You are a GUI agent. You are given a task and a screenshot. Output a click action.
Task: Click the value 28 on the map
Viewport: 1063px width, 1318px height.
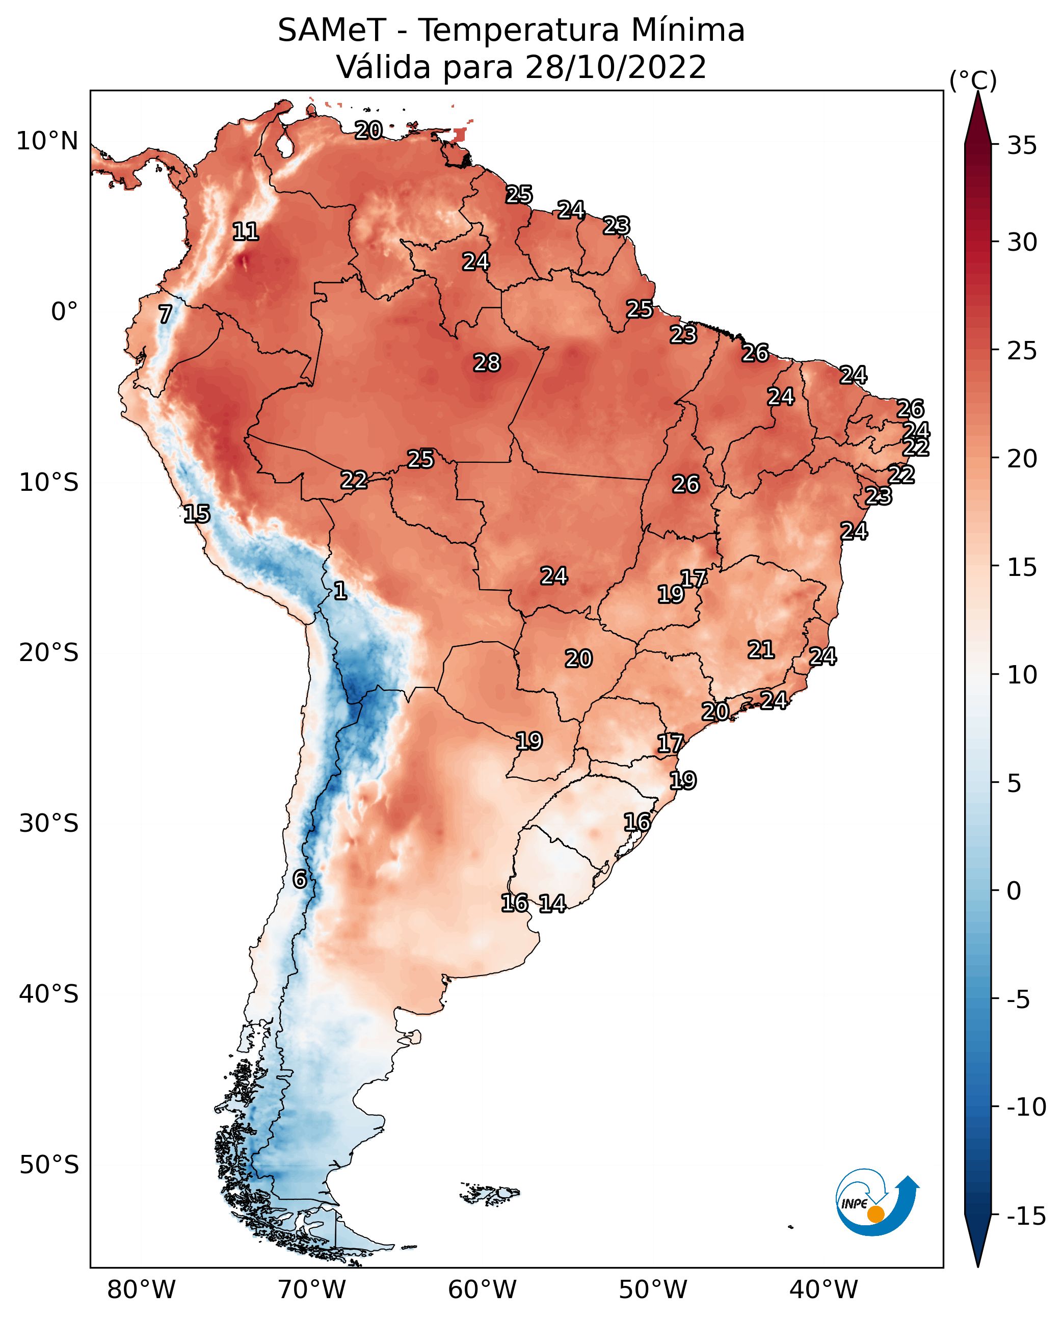tap(487, 363)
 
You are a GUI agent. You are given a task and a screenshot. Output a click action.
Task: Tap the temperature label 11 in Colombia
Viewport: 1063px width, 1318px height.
tap(246, 231)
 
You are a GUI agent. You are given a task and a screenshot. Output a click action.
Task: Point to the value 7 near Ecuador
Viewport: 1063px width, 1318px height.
tap(165, 314)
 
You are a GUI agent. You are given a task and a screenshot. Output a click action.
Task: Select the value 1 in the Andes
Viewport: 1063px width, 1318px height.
tap(340, 591)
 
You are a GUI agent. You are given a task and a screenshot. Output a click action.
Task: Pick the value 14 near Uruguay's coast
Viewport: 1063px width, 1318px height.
tap(552, 904)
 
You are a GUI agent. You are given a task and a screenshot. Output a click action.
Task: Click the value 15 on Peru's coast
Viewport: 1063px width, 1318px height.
tap(197, 514)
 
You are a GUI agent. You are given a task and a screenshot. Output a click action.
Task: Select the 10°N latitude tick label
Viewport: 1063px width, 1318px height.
tap(47, 142)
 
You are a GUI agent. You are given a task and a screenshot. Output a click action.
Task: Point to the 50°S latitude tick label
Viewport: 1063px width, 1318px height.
tap(49, 1165)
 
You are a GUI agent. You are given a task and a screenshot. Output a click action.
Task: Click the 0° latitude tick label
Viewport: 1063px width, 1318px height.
tap(64, 312)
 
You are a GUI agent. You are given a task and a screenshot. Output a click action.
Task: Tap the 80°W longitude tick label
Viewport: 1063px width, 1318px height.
tap(142, 1290)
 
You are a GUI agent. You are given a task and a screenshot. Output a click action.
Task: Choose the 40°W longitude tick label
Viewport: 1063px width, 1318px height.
tap(823, 1290)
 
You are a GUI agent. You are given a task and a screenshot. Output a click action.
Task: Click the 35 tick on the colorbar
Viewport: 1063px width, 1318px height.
tap(1022, 146)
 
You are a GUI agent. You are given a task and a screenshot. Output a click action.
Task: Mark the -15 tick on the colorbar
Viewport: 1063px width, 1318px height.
tap(1026, 1217)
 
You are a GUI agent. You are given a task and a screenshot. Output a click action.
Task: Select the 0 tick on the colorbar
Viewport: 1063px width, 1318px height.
tap(1014, 891)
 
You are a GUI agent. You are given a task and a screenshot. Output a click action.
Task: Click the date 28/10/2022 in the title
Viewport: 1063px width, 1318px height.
tap(616, 67)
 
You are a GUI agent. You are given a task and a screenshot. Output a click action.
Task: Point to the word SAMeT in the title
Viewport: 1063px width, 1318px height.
tap(331, 31)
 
